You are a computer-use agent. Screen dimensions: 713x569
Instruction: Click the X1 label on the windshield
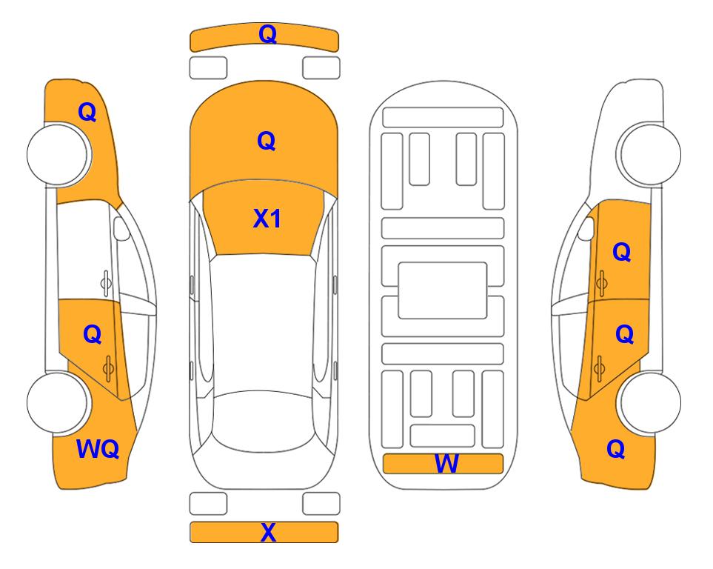(x=267, y=219)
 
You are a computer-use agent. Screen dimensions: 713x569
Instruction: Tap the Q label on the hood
(x=267, y=141)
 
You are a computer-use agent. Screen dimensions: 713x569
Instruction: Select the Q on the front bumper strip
(x=268, y=34)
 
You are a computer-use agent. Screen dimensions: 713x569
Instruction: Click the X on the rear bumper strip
(x=268, y=532)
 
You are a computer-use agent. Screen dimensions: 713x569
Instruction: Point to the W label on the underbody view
(x=446, y=464)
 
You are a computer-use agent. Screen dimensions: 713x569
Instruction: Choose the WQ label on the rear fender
(x=98, y=449)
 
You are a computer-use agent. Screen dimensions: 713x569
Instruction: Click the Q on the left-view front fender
(x=87, y=112)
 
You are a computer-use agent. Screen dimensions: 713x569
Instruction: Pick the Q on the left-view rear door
(x=93, y=335)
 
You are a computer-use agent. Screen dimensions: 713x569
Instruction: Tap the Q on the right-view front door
(x=622, y=252)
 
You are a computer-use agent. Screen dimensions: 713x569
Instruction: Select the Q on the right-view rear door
(x=625, y=335)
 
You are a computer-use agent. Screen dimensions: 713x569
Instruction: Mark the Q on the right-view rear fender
(x=616, y=449)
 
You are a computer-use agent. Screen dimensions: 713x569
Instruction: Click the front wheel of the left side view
(x=58, y=154)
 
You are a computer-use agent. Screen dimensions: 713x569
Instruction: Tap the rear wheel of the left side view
(x=58, y=402)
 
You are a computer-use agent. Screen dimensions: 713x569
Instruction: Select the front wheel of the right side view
(x=650, y=154)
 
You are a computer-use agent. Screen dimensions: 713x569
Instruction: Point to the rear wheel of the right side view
(x=650, y=402)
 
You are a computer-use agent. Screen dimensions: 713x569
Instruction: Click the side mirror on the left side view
(x=121, y=228)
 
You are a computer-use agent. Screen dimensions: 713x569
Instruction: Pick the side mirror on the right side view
(x=586, y=228)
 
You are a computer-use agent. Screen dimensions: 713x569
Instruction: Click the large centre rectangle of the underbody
(x=443, y=290)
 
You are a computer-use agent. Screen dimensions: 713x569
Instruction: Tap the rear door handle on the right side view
(x=599, y=368)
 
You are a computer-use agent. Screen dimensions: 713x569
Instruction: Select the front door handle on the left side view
(x=106, y=283)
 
